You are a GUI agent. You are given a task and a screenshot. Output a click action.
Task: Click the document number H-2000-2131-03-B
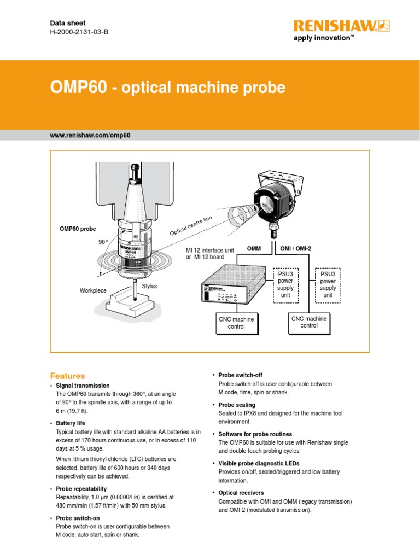[79, 33]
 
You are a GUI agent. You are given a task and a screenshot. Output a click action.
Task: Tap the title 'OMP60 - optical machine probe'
[168, 88]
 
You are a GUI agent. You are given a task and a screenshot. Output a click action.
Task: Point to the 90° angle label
[103, 242]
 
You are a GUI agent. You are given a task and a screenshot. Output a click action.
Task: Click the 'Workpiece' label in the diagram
[93, 291]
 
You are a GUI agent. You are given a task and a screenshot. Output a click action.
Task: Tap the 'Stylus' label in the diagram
[149, 286]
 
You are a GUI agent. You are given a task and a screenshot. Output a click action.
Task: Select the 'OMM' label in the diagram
[254, 249]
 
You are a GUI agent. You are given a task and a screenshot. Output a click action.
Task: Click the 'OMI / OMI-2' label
[295, 249]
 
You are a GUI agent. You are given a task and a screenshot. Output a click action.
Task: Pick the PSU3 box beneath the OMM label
[285, 284]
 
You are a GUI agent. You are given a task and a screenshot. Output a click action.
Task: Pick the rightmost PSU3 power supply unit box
[328, 284]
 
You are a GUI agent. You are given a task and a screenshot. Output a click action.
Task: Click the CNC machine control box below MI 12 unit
[236, 323]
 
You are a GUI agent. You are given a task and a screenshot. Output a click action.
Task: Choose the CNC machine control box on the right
[309, 322]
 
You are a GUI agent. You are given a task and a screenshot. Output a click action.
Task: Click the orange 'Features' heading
[68, 376]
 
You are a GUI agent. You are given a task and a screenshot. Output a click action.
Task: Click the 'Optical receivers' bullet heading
[241, 493]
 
